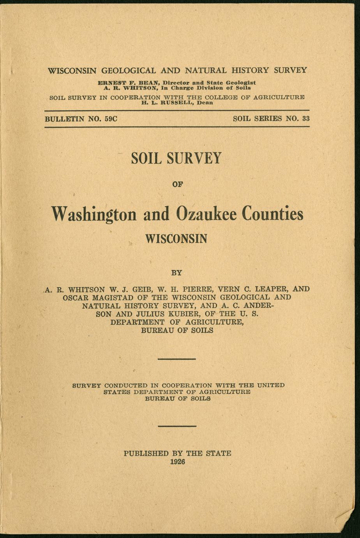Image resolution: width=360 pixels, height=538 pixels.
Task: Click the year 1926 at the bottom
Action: (177, 462)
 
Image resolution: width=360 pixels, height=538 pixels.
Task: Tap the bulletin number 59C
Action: (109, 119)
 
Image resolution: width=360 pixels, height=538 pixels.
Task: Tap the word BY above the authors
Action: (176, 272)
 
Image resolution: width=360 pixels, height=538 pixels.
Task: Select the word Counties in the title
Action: (272, 214)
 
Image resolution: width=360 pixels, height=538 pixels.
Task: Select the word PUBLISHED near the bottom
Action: (146, 453)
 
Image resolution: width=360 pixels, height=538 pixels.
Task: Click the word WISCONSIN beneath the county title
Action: (176, 238)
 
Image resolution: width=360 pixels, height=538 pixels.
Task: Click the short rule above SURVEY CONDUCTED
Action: (176, 359)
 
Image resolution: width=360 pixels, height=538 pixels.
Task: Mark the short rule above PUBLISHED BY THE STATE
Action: (176, 426)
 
